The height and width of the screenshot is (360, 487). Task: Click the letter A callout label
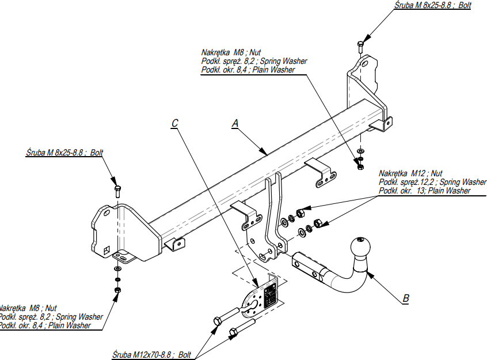[x=235, y=123]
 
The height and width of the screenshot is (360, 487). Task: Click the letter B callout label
[x=406, y=298]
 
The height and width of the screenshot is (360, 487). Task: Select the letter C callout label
[x=175, y=123]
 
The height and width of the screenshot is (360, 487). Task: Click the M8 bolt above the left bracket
[x=117, y=191]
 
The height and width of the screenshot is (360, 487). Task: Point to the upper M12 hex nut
[x=300, y=213]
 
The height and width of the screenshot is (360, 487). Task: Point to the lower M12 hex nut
[x=317, y=223]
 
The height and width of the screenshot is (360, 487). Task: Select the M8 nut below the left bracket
[x=117, y=290]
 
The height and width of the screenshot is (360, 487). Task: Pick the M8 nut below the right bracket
[x=360, y=167]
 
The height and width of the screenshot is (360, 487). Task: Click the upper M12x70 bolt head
[x=218, y=321]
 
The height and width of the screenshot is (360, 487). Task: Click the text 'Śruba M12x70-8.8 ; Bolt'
[x=151, y=355]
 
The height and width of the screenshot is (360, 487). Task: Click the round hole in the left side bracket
[x=106, y=213]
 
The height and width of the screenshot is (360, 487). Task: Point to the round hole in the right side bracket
[x=365, y=65]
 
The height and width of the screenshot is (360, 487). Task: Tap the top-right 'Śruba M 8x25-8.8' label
[x=433, y=5]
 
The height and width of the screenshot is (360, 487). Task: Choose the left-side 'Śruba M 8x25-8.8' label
[x=64, y=153]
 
